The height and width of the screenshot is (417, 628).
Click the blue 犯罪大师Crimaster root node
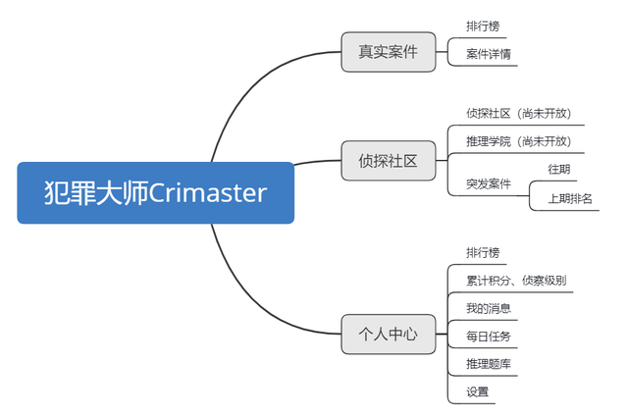(x=155, y=192)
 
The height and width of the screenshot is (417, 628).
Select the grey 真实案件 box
(x=388, y=52)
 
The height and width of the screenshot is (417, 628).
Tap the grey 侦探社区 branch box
(x=388, y=160)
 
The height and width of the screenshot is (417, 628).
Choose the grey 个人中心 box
(x=388, y=334)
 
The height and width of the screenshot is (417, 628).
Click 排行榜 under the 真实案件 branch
(x=483, y=26)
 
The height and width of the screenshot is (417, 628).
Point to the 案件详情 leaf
(x=489, y=55)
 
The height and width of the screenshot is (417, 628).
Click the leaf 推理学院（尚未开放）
(x=518, y=141)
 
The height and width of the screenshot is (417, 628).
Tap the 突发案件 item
(x=489, y=183)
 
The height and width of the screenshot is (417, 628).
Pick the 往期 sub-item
(x=558, y=170)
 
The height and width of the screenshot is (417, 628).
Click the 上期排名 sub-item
(x=570, y=198)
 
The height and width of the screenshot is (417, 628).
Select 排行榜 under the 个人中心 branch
(x=483, y=252)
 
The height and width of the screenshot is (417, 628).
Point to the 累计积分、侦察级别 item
(x=515, y=280)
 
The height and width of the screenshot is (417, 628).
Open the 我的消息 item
(x=488, y=308)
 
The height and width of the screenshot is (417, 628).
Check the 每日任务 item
(x=488, y=337)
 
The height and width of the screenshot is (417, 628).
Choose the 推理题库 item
(x=488, y=364)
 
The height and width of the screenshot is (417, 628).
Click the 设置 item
(x=477, y=391)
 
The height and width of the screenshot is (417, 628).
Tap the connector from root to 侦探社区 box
(x=317, y=161)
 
